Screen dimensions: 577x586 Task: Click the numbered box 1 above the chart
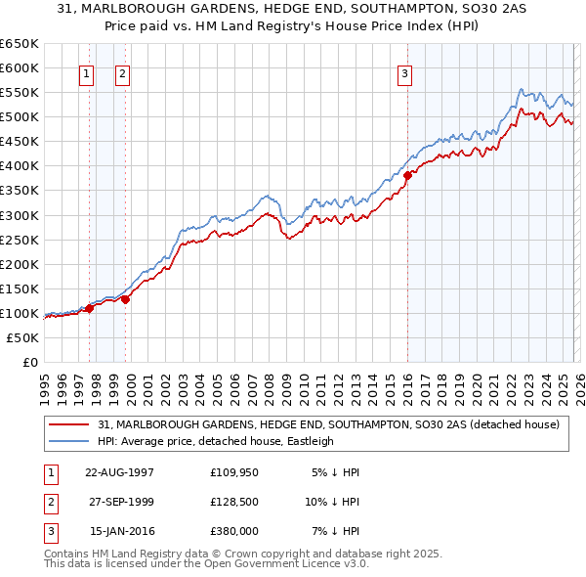pyautogui.click(x=87, y=72)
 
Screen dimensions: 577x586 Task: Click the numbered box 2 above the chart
pyautogui.click(x=123, y=72)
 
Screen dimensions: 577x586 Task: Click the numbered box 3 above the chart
pyautogui.click(x=404, y=72)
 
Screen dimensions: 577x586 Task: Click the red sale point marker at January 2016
pyautogui.click(x=407, y=176)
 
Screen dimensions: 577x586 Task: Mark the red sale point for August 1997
pyautogui.click(x=90, y=308)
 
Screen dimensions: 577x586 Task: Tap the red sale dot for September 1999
pyautogui.click(x=126, y=299)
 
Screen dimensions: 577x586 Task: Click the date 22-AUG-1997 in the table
pyautogui.click(x=120, y=471)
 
